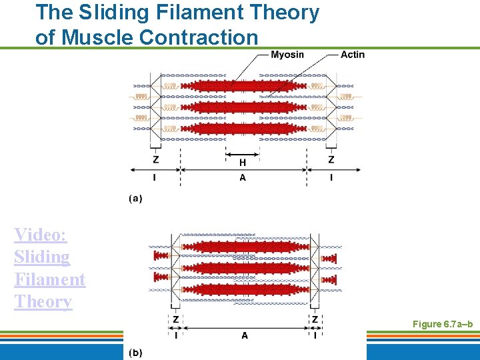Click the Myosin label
(x=287, y=55)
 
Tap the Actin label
(x=353, y=55)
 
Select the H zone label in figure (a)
(x=243, y=162)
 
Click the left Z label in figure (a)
(x=156, y=160)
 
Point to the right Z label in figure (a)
(x=331, y=160)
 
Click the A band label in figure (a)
(x=243, y=177)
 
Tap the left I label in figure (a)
(x=155, y=177)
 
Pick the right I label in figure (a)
(x=331, y=177)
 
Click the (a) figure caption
(x=135, y=198)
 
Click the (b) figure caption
(x=135, y=351)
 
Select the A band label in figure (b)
(x=245, y=335)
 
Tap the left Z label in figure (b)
(x=176, y=319)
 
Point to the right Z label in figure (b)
(x=315, y=319)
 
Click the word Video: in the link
(x=40, y=235)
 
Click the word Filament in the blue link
(x=49, y=279)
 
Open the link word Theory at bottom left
(x=43, y=302)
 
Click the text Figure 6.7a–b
(x=442, y=324)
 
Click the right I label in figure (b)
(x=315, y=335)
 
